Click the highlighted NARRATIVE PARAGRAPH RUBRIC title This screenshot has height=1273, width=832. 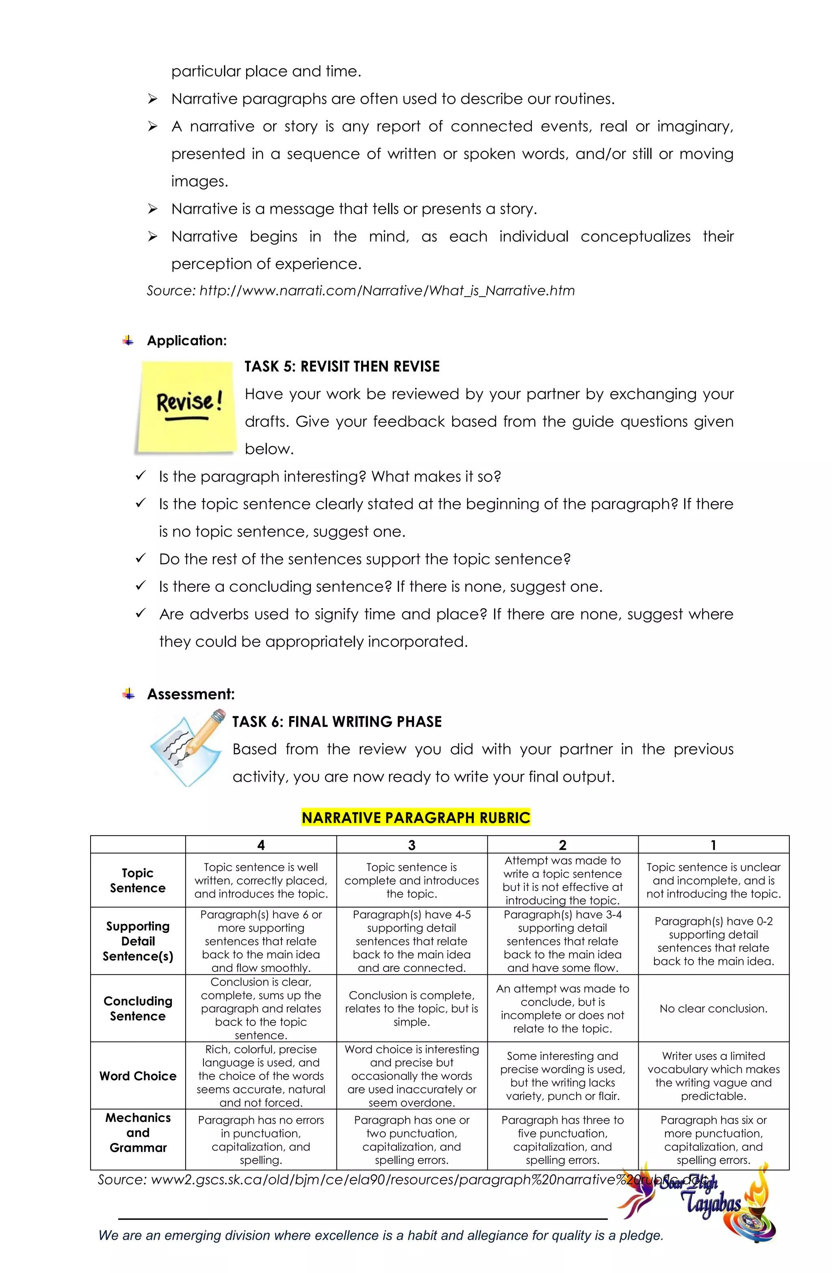(416, 817)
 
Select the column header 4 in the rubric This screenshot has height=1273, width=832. (261, 845)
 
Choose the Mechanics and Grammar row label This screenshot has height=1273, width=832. (138, 1132)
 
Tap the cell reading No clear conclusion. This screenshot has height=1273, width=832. (713, 1008)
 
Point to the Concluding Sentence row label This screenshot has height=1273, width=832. (138, 1008)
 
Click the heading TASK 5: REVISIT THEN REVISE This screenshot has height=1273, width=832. (342, 366)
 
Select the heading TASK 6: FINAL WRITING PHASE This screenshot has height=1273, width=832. (337, 721)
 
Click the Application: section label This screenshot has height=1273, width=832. (186, 341)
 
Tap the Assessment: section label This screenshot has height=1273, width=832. (191, 694)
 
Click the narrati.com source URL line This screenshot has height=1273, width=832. (361, 291)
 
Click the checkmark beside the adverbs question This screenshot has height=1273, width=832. (141, 613)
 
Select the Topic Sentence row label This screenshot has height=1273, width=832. (138, 880)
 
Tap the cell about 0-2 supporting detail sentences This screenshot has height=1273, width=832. (713, 941)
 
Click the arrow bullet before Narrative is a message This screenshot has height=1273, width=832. (152, 209)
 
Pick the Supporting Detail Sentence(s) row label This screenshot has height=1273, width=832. (138, 941)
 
